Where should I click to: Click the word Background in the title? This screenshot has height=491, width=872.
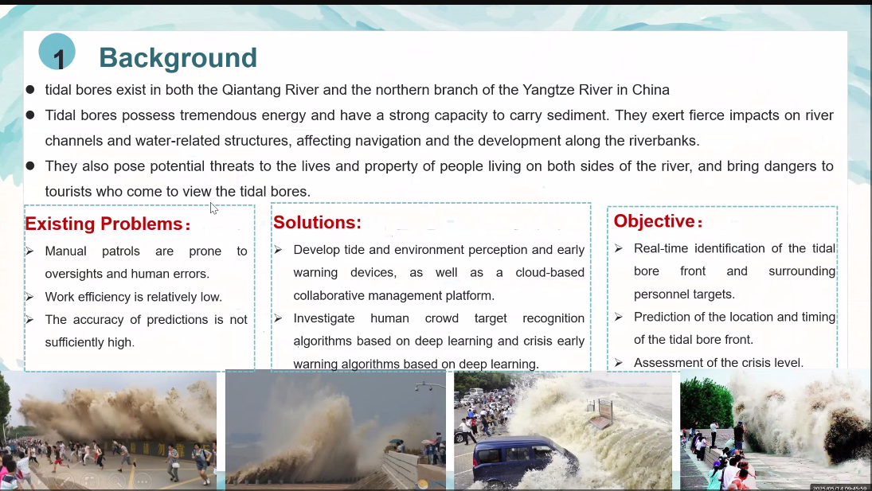pos(178,58)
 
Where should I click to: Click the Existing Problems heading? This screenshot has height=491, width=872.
pos(108,224)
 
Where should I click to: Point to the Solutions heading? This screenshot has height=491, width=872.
pos(317,222)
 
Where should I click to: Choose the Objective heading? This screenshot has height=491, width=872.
pos(658,221)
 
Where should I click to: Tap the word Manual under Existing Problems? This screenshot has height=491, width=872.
pos(65,251)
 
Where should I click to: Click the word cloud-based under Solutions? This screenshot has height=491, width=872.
pos(549,273)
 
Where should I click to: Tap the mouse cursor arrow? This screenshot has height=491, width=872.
pos(214,208)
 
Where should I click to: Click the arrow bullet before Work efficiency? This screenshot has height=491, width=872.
pos(29,297)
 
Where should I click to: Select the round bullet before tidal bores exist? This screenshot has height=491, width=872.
pos(30,89)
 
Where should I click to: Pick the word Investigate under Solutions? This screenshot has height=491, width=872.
pos(323,318)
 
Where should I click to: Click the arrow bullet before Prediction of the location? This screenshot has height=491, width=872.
pos(619,317)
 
